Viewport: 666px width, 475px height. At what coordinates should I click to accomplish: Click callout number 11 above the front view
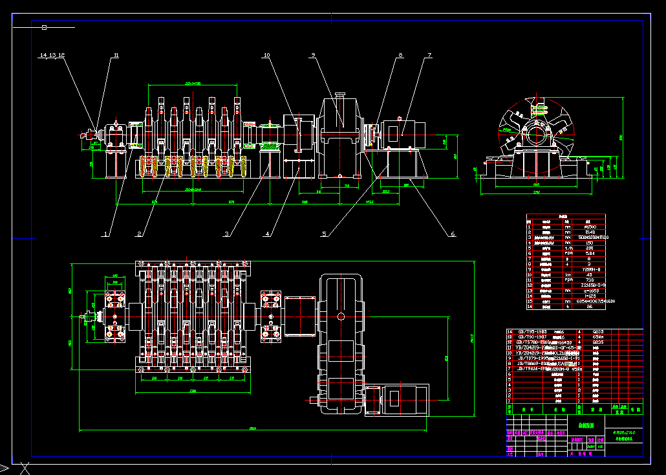point(116,56)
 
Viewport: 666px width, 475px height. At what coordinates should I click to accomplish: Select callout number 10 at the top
point(266,56)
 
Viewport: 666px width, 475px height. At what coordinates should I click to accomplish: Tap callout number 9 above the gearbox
point(312,56)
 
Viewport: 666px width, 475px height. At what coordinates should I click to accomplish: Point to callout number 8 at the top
point(401,56)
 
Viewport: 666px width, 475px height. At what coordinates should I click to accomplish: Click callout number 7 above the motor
point(429,56)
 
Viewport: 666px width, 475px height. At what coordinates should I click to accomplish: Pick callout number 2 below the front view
point(139,234)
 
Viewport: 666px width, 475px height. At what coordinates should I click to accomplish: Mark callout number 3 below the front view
point(227,234)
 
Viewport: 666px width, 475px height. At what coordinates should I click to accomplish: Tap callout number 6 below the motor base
point(453,234)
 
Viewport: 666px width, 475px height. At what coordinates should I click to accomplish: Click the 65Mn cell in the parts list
point(598,337)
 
